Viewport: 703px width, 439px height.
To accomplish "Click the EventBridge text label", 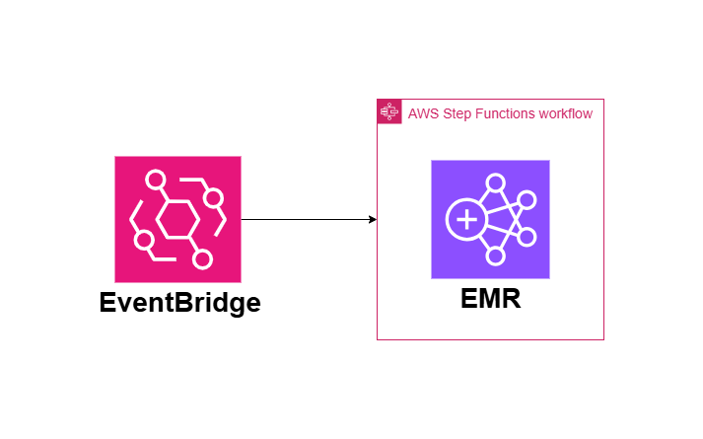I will pyautogui.click(x=179, y=302).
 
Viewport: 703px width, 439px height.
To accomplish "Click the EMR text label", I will pyautogui.click(x=490, y=298).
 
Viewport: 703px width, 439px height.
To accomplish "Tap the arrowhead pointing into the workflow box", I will pyautogui.click(x=372, y=219).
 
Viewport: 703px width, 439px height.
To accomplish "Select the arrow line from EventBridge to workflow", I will pyautogui.click(x=306, y=219).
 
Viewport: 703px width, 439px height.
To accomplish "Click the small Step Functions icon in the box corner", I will pyautogui.click(x=389, y=111).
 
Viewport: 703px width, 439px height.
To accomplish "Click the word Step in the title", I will pyautogui.click(x=457, y=113).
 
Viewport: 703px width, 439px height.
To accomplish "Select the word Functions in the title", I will pyautogui.click(x=507, y=113).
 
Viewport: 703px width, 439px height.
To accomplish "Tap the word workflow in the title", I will pyautogui.click(x=566, y=113).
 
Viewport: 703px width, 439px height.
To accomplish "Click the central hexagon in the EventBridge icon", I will pyautogui.click(x=178, y=219).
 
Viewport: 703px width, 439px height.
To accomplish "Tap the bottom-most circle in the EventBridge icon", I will pyautogui.click(x=203, y=259).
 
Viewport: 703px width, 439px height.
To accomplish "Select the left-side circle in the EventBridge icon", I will pyautogui.click(x=144, y=240).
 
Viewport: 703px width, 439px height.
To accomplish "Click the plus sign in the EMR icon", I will pyautogui.click(x=463, y=219).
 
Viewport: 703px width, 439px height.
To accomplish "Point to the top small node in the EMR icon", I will pyautogui.click(x=496, y=183).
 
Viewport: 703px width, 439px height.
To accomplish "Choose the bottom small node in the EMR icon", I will pyautogui.click(x=496, y=256).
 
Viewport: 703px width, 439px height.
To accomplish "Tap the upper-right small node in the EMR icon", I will pyautogui.click(x=527, y=201).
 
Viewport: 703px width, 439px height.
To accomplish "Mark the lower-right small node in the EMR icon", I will pyautogui.click(x=527, y=238).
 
